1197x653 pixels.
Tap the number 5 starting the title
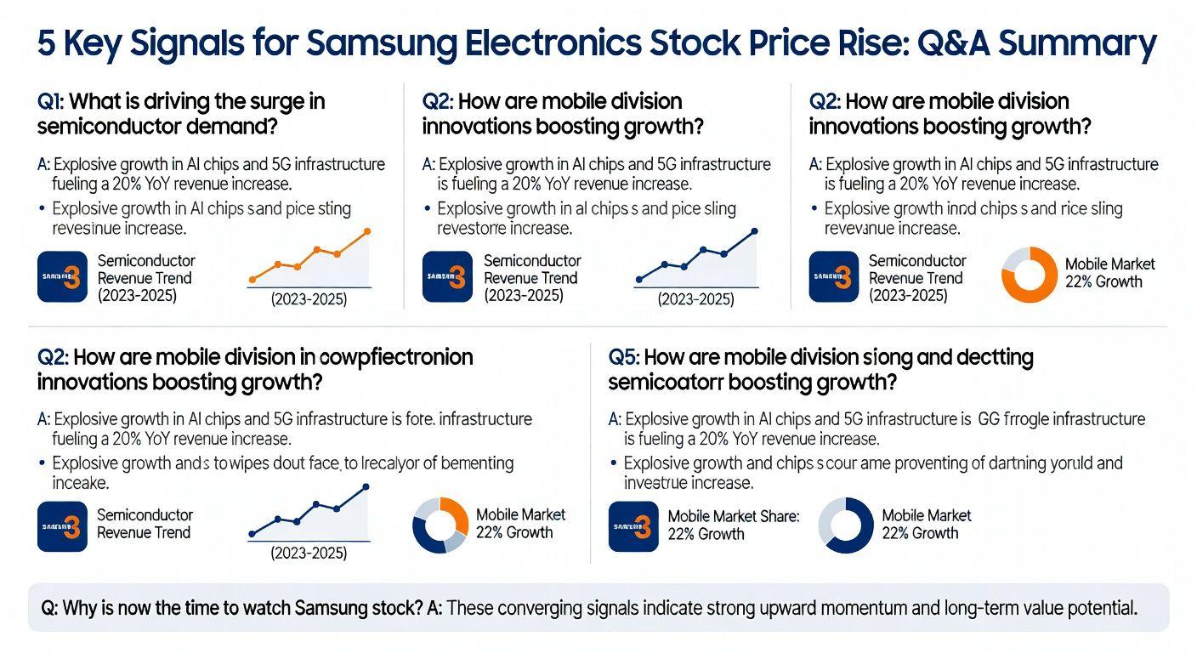pyautogui.click(x=48, y=43)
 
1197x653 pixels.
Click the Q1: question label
pyautogui.click(x=50, y=102)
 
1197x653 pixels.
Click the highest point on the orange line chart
pyautogui.click(x=367, y=230)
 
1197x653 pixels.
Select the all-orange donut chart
pyautogui.click(x=1029, y=274)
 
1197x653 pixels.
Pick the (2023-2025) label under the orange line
pyautogui.click(x=309, y=299)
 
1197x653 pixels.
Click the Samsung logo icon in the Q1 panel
pyautogui.click(x=63, y=276)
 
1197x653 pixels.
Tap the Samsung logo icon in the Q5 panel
pyautogui.click(x=634, y=526)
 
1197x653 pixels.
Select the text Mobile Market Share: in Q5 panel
pyautogui.click(x=734, y=516)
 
